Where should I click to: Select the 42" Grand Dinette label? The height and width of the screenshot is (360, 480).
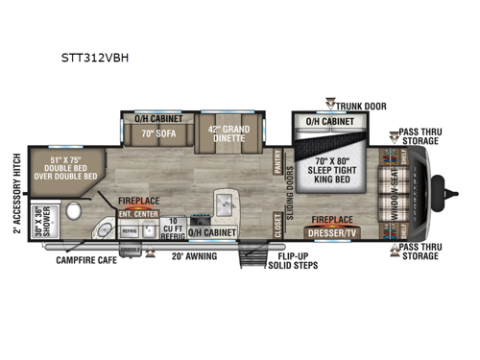click(x=230, y=135)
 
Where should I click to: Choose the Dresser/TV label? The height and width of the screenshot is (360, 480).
click(x=331, y=231)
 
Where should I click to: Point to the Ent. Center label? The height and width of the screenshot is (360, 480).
click(x=138, y=213)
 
